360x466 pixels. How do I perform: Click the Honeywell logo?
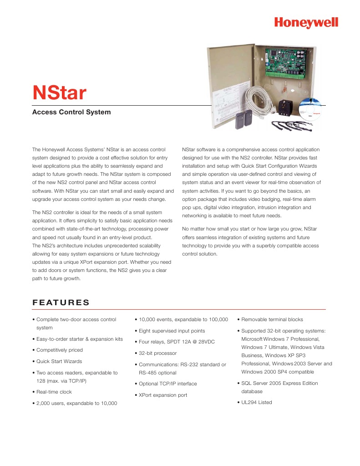pos(306,22)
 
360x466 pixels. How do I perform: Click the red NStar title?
pos(59,93)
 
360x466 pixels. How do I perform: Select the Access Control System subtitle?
pos(71,112)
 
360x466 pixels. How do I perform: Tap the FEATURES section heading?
pos(61,303)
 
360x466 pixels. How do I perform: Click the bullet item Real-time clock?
pos(54,392)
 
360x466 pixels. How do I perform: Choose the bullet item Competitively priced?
pos(59,350)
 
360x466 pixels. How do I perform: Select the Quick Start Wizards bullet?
pos(59,361)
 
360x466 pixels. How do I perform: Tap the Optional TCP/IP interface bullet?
pos(167,384)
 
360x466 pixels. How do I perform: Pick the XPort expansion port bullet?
pos(163,395)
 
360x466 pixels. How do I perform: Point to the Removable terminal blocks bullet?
pos(272,319)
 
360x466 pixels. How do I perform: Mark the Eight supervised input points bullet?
pos(172,331)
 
